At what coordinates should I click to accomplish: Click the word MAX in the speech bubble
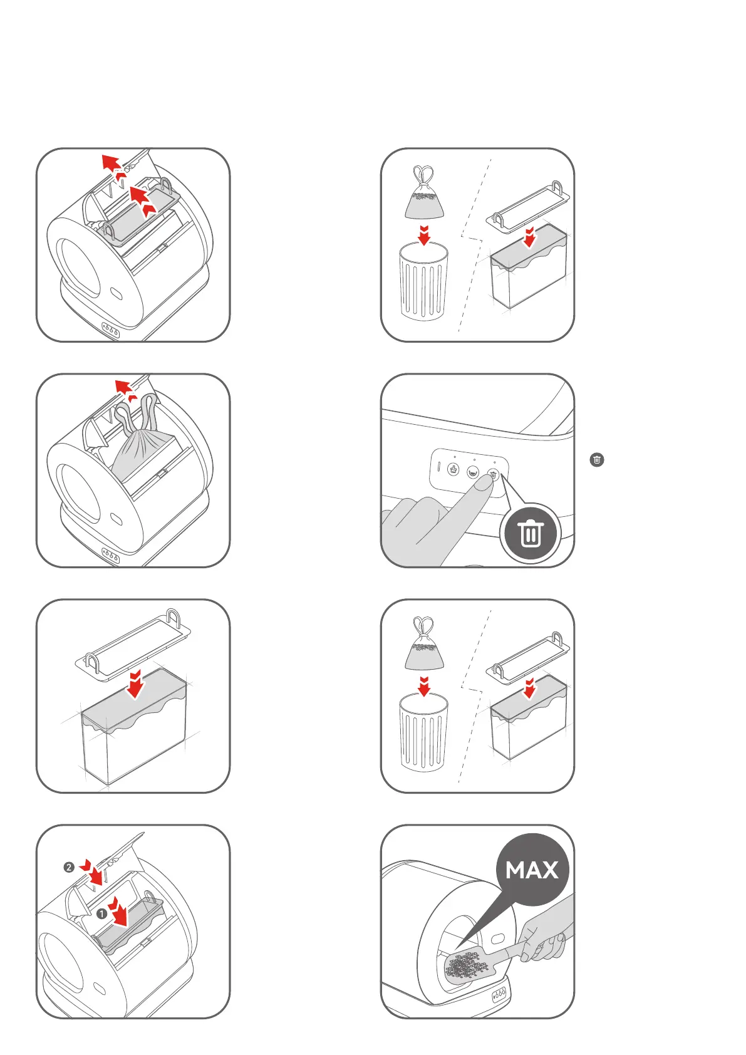[x=532, y=870]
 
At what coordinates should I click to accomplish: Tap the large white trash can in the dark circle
[x=531, y=533]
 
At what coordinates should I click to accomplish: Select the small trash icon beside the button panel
[x=597, y=460]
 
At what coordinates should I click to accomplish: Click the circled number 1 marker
[x=101, y=914]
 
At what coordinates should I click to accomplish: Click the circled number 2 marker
[x=69, y=868]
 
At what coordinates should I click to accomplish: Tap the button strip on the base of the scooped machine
[x=499, y=994]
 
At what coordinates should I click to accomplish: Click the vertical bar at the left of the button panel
[x=438, y=467]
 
